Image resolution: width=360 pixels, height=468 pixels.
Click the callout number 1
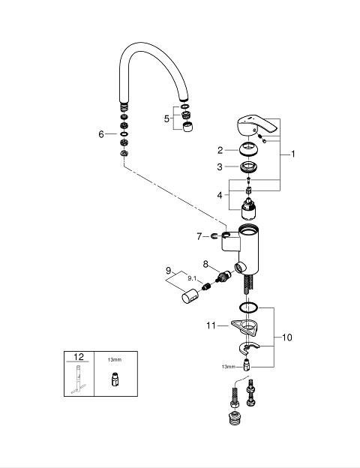click(293, 154)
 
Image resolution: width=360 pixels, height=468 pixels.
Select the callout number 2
click(220, 150)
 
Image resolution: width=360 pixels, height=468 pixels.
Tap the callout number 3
click(220, 166)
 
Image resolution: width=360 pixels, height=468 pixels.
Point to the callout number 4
click(220, 195)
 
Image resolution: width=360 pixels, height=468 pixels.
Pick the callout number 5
click(166, 118)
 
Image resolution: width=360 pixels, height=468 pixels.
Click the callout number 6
click(101, 134)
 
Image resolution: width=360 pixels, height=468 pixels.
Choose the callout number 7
click(199, 237)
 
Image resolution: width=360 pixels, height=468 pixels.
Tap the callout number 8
click(205, 264)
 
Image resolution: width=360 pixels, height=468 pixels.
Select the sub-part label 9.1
click(192, 278)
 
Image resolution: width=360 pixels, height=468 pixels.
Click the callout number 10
click(286, 337)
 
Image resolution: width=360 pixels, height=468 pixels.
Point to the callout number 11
click(211, 325)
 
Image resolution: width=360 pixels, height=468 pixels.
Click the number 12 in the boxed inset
click(79, 357)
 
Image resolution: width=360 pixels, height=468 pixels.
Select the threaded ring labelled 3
click(249, 166)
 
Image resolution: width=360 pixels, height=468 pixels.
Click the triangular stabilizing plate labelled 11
click(245, 326)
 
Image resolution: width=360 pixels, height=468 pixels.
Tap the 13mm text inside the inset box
click(115, 360)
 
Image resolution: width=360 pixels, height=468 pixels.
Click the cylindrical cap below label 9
click(190, 295)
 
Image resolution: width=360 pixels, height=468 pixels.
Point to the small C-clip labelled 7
click(214, 237)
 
